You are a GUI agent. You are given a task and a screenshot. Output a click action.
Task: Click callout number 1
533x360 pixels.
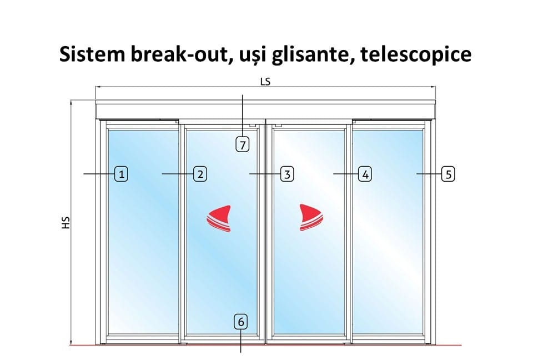122,174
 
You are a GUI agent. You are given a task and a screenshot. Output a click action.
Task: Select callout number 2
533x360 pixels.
200,174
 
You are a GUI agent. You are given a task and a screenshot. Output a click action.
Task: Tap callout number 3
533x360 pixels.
287,174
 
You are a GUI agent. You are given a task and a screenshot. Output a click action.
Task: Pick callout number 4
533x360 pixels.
365,174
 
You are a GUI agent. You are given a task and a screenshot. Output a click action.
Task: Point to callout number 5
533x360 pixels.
448,174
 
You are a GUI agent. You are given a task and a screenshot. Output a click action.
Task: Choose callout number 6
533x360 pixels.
241,322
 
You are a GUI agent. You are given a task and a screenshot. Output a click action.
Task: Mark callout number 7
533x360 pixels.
243,144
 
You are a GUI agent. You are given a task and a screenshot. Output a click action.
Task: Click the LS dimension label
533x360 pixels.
265,82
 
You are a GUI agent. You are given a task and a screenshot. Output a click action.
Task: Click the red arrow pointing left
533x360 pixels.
219,218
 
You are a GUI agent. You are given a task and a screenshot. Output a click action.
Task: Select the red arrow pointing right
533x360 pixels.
311,218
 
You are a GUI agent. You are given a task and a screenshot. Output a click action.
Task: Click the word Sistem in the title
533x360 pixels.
92,54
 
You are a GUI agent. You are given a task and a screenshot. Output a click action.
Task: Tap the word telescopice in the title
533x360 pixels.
416,54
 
